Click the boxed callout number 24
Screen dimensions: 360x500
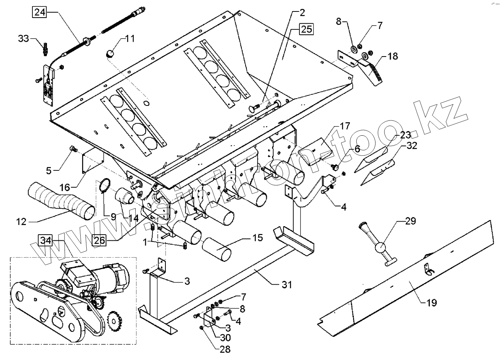39,12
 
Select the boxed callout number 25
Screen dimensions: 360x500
306,29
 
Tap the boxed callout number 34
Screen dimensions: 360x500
45,241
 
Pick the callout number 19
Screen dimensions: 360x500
432,303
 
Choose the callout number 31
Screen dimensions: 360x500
286,284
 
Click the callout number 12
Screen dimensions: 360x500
21,221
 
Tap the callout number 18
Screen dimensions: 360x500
392,56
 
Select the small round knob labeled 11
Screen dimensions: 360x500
110,53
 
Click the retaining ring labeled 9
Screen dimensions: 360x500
104,186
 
